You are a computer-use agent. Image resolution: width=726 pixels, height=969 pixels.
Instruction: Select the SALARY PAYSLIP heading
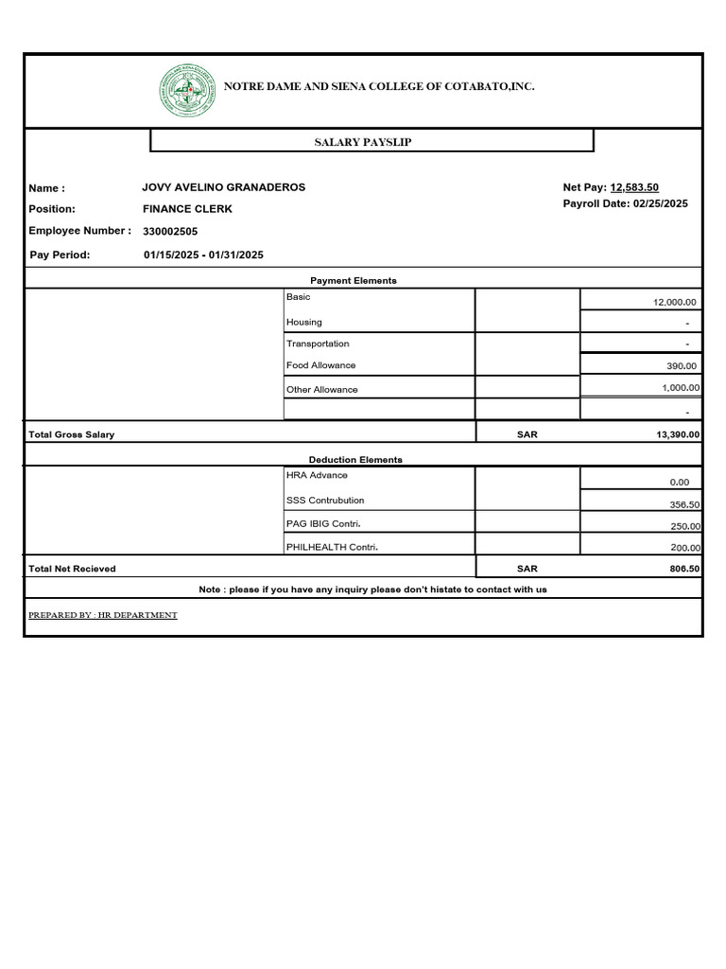[363, 142]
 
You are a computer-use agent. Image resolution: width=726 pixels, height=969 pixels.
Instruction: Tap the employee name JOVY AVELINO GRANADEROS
[224, 187]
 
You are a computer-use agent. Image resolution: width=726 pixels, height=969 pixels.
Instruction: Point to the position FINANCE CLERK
[187, 208]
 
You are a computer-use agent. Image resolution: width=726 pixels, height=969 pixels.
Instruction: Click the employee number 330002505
[170, 231]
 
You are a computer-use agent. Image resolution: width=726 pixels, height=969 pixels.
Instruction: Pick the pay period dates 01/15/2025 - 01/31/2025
[203, 255]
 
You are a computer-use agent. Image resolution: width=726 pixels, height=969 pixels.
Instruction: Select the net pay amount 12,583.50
[634, 187]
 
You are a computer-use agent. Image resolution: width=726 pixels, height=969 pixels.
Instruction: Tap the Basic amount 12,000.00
[675, 302]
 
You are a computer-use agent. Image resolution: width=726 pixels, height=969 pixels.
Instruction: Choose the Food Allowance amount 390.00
[682, 366]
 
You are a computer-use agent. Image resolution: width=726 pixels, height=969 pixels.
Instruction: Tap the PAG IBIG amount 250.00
[682, 526]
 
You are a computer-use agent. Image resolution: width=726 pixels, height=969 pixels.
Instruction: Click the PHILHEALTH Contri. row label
[323, 547]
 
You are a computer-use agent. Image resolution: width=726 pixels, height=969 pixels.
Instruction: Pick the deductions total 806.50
[681, 569]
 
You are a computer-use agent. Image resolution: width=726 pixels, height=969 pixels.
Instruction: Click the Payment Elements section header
[354, 281]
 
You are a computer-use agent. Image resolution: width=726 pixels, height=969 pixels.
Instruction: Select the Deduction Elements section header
[355, 460]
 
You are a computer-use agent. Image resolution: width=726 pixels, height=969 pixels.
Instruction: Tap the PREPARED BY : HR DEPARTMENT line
[103, 615]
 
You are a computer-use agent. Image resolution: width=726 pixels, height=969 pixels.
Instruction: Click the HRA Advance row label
[317, 475]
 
